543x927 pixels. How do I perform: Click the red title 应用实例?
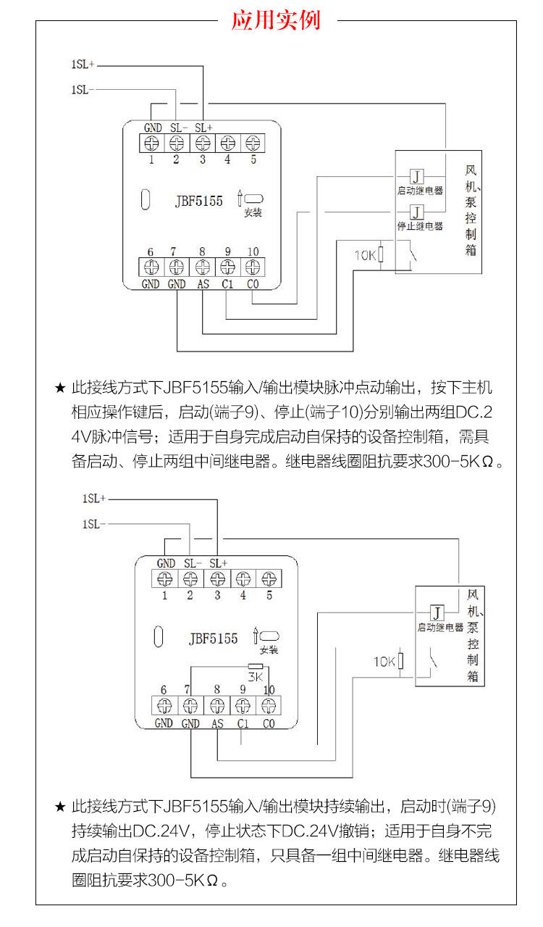click(x=276, y=20)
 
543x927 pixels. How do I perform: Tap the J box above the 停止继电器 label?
click(x=417, y=212)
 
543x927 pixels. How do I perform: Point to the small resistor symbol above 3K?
click(x=255, y=665)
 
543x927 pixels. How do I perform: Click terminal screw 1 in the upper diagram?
click(x=152, y=143)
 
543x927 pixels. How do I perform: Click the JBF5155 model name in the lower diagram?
click(x=213, y=639)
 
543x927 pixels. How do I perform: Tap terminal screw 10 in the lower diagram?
click(x=269, y=704)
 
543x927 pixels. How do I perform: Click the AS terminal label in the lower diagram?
click(x=217, y=723)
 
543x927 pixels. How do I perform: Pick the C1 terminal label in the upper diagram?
click(x=227, y=284)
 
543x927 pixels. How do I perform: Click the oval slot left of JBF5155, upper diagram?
click(x=145, y=200)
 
